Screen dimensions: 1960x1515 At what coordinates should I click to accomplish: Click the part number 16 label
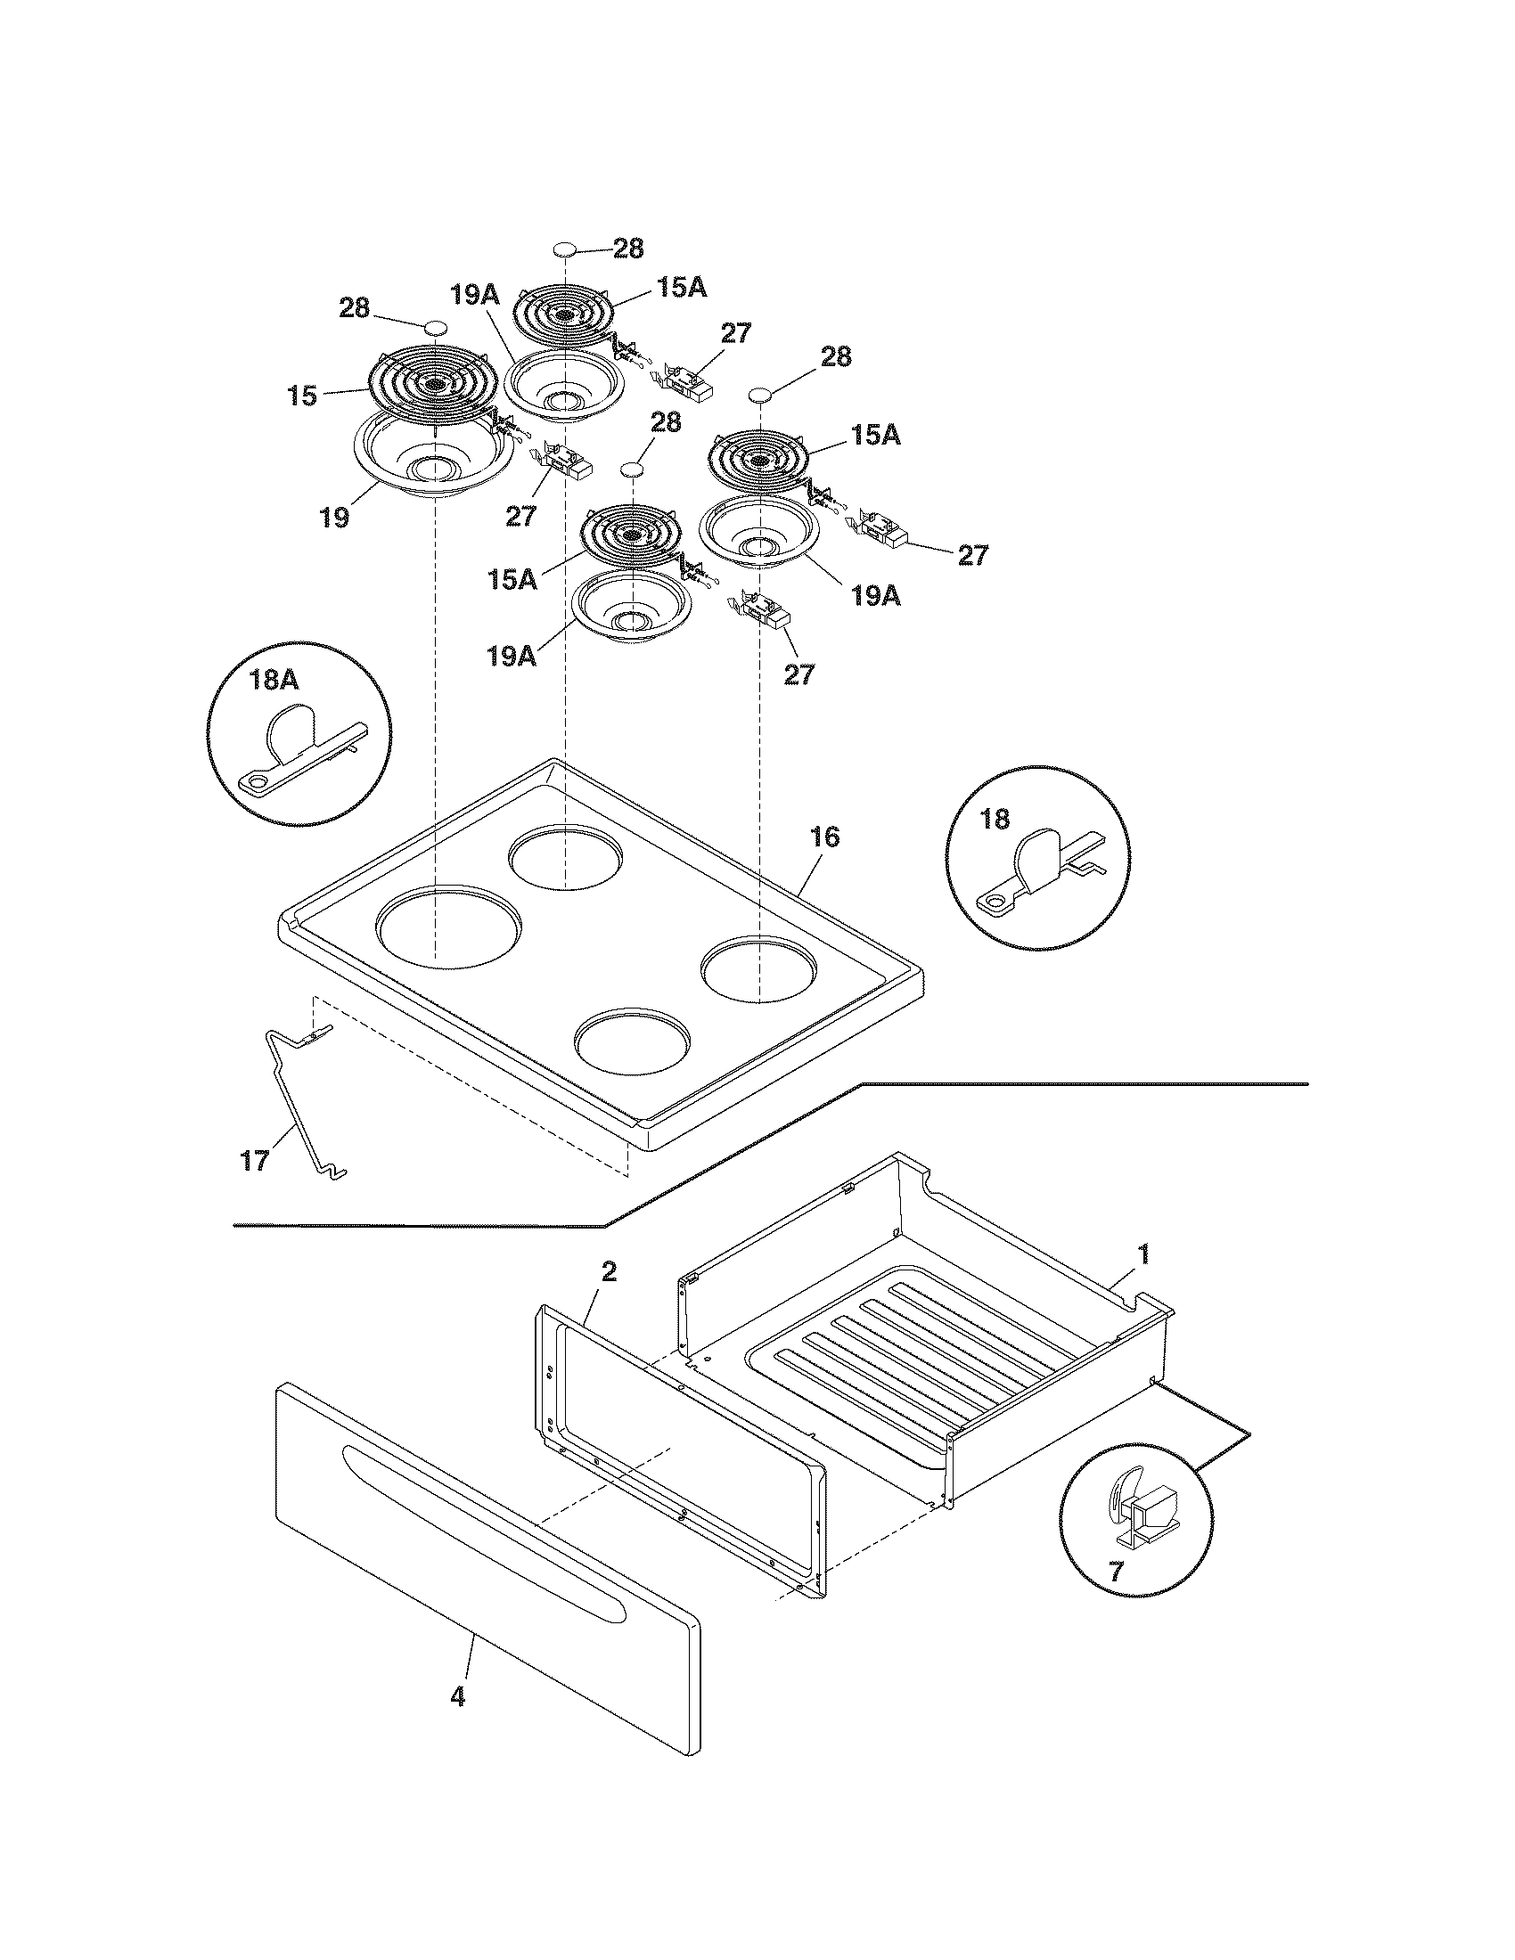pyautogui.click(x=825, y=837)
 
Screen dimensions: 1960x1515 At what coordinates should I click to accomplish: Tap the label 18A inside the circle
pyautogui.click(x=274, y=680)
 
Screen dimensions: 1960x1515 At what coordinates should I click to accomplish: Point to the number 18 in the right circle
pyautogui.click(x=995, y=819)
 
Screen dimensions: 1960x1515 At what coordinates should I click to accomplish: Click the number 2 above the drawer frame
pyautogui.click(x=609, y=1271)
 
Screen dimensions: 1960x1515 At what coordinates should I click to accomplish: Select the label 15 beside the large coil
pyautogui.click(x=303, y=396)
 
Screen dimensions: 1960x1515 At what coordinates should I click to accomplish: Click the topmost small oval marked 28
pyautogui.click(x=563, y=249)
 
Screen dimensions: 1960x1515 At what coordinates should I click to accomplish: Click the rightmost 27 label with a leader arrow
pyautogui.click(x=973, y=556)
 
